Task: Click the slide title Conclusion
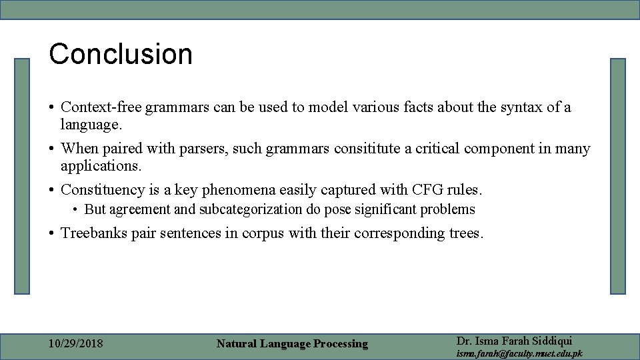[x=121, y=54]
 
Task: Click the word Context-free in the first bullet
[x=101, y=107]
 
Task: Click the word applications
[x=101, y=165]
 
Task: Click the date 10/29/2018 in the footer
[x=76, y=344]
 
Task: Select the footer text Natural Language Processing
[x=292, y=344]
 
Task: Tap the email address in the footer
[x=519, y=353]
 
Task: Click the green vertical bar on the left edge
[x=23, y=176]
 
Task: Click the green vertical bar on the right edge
[x=618, y=176]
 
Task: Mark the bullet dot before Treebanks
[x=51, y=234]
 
